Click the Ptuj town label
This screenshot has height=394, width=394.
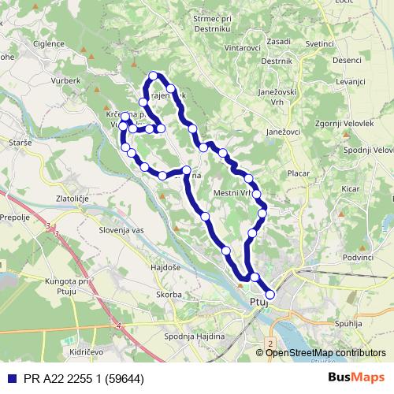pyautogui.click(x=259, y=301)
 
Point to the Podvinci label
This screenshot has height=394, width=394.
pyautogui.click(x=358, y=257)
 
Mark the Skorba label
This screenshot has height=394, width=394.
pyautogui.click(x=169, y=294)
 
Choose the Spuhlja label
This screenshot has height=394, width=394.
pyautogui.click(x=348, y=323)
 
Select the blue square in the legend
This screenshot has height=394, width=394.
pyautogui.click(x=9, y=377)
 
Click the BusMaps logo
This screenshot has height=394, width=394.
pyautogui.click(x=357, y=377)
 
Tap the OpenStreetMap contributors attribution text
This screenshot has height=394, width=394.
pyautogui.click(x=325, y=352)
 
